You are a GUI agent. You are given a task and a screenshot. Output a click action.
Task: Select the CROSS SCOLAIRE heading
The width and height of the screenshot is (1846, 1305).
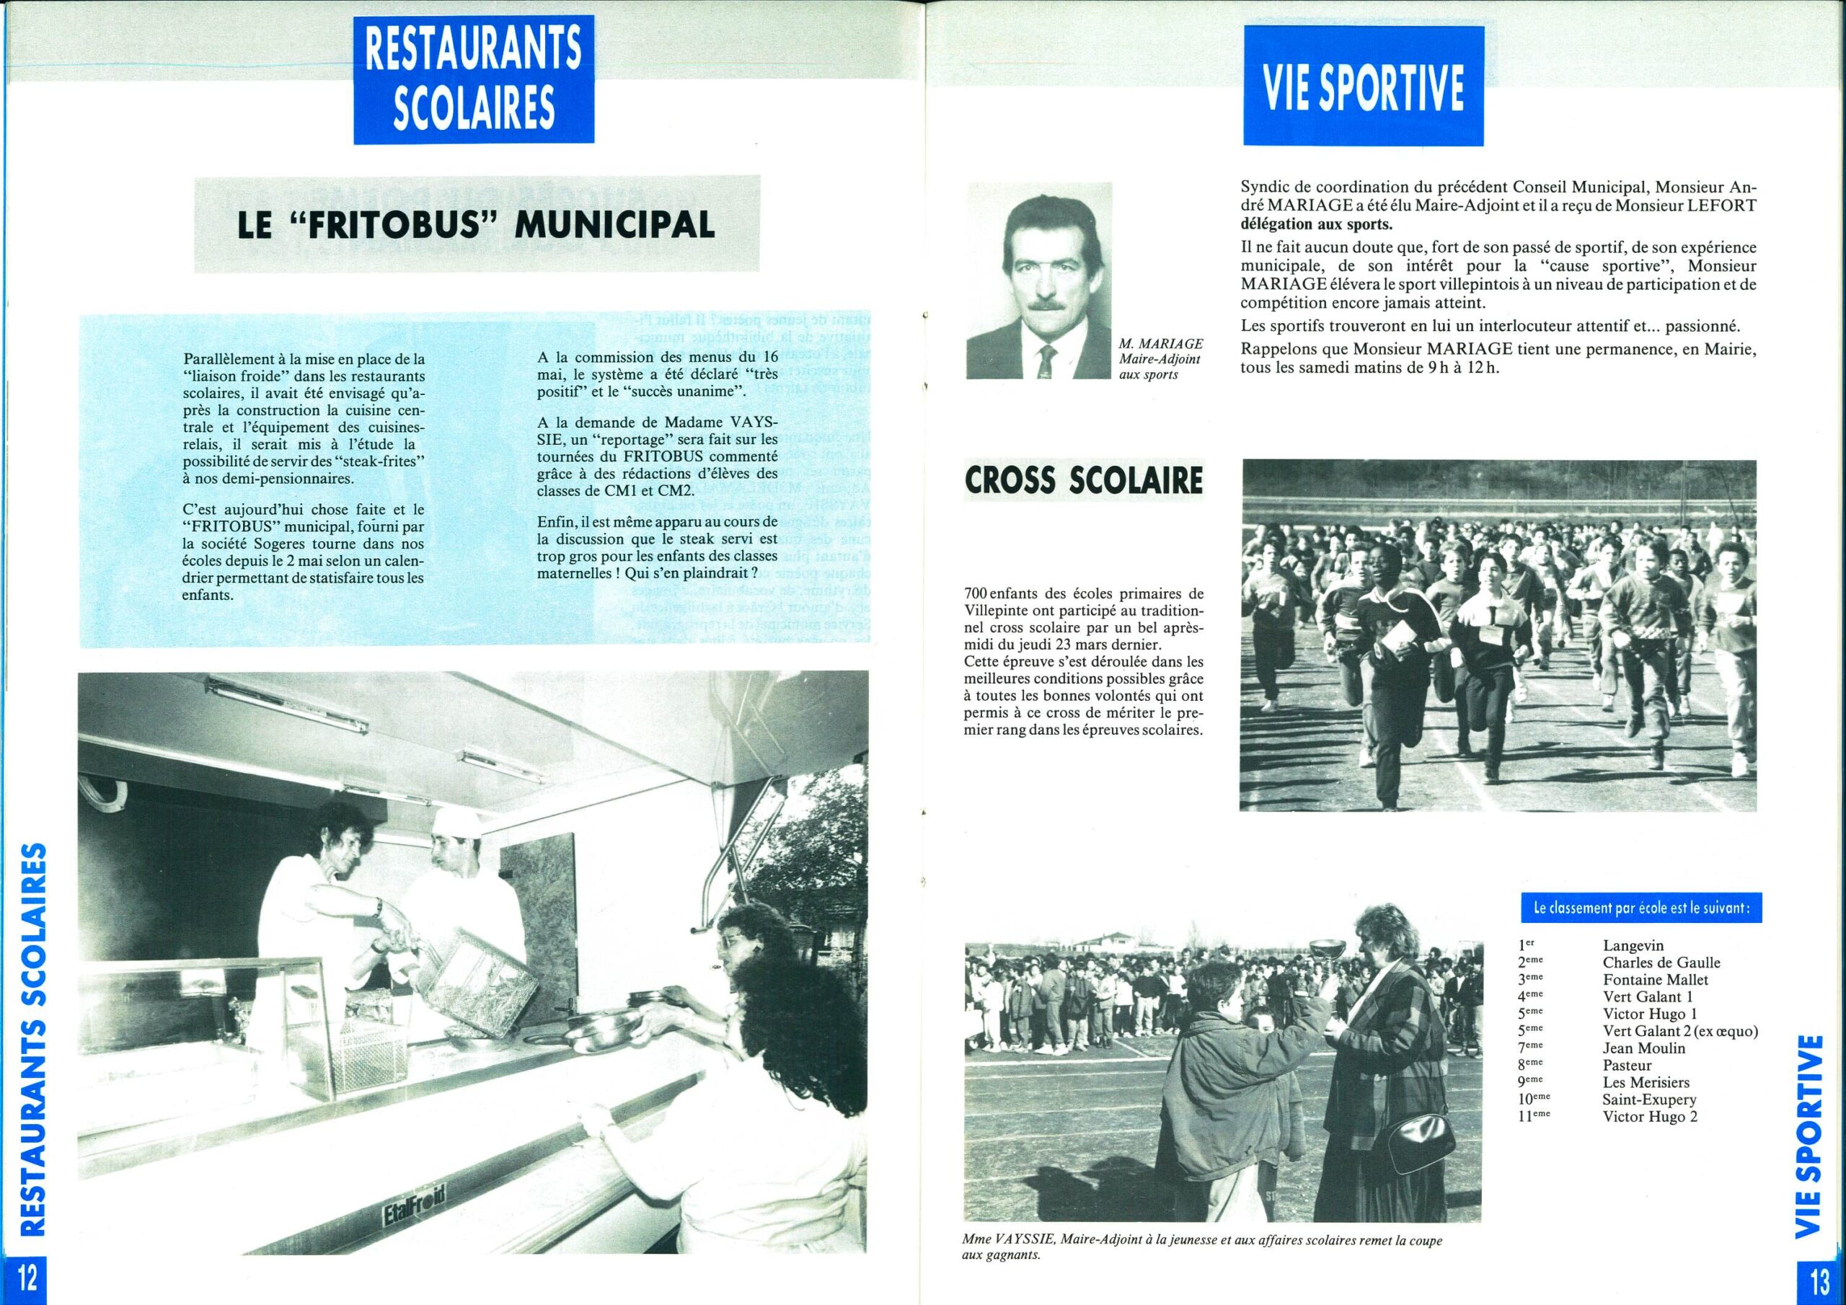(x=1085, y=481)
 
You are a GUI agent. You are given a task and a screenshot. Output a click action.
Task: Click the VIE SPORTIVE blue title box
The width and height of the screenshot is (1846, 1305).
(x=1364, y=86)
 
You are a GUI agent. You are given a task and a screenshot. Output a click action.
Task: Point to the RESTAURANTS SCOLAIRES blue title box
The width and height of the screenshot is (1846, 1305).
(x=474, y=79)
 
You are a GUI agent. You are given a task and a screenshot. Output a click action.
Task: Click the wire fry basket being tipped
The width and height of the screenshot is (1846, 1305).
(x=482, y=983)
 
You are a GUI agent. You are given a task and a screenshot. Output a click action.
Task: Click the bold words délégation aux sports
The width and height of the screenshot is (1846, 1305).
(x=1317, y=223)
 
